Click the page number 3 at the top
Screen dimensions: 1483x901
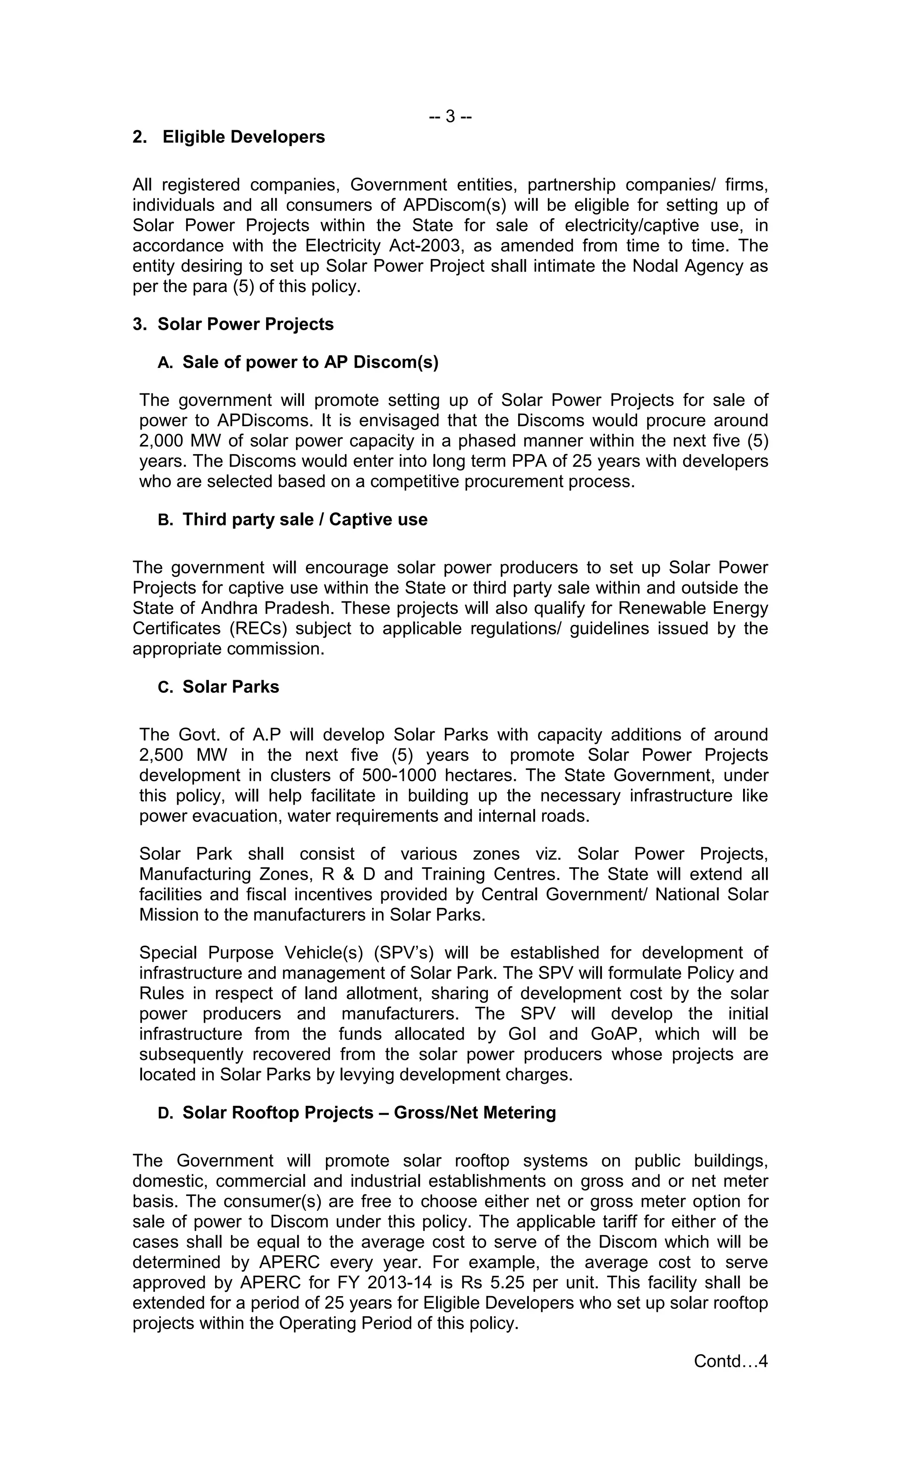pyautogui.click(x=450, y=116)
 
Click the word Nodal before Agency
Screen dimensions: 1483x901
pyautogui.click(x=655, y=266)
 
